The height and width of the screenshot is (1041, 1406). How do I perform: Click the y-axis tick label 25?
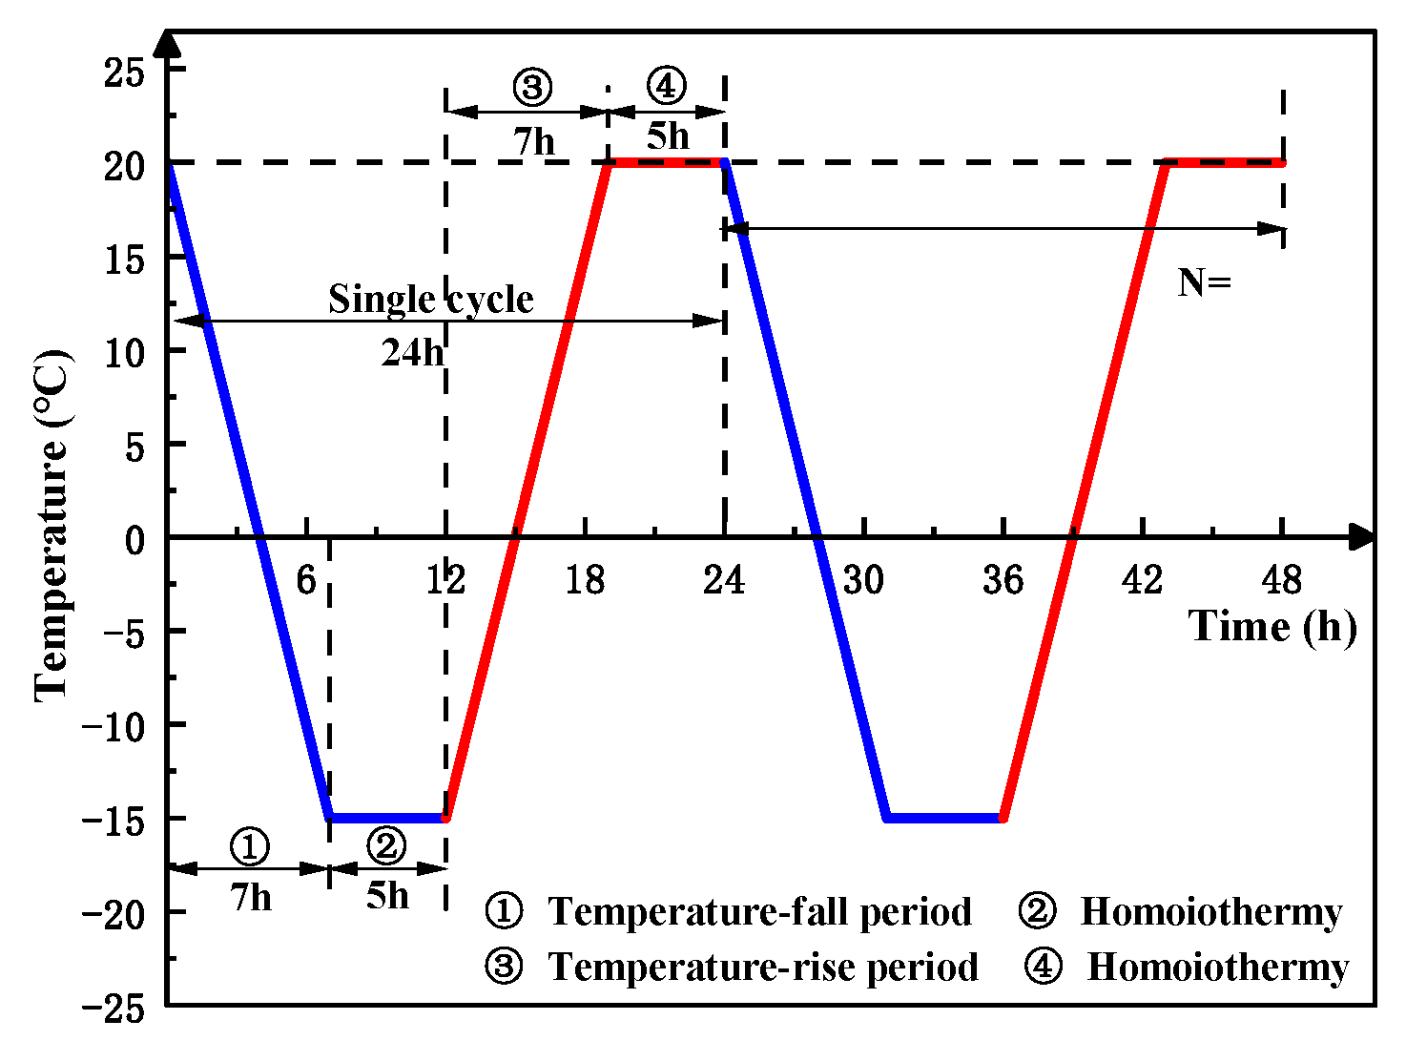coord(125,73)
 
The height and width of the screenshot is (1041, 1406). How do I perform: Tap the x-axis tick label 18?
coord(585,579)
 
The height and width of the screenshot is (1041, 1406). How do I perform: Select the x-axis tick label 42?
coord(1142,579)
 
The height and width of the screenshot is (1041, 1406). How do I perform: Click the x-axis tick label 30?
coord(863,579)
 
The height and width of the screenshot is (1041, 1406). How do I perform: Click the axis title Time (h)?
coord(1272,627)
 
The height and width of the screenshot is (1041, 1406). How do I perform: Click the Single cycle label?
coord(431,300)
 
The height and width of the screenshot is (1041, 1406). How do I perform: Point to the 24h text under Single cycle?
coord(412,353)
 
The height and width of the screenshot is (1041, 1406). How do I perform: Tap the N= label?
coord(1204,282)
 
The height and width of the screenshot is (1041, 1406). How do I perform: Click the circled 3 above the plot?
coord(532,88)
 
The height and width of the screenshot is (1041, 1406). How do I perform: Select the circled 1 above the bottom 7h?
coord(250,845)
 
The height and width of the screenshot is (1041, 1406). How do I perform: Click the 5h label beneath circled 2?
coord(387,896)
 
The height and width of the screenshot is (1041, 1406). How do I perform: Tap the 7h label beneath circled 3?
coord(534,142)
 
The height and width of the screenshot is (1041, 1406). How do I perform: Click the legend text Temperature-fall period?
coord(759,912)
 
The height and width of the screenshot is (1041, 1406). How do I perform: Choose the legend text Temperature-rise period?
coord(763,968)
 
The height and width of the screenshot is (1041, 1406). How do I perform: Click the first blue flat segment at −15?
coord(387,818)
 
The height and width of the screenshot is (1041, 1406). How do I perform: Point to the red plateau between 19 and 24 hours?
coord(667,163)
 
